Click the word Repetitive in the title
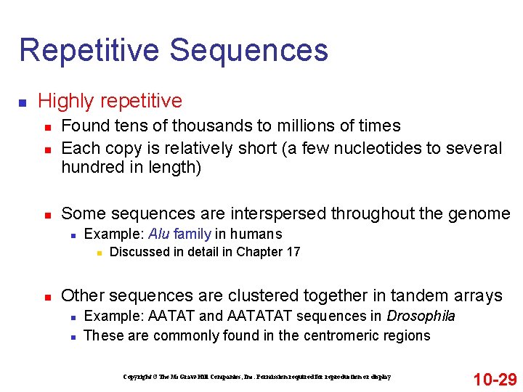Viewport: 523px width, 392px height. [89, 50]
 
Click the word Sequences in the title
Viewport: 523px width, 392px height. [248, 50]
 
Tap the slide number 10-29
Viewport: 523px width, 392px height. [495, 379]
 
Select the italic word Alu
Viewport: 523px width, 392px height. [159, 234]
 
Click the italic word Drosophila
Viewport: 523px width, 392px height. [421, 316]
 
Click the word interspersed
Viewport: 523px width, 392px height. [278, 213]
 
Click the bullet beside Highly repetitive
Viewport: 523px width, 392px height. [23, 101]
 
